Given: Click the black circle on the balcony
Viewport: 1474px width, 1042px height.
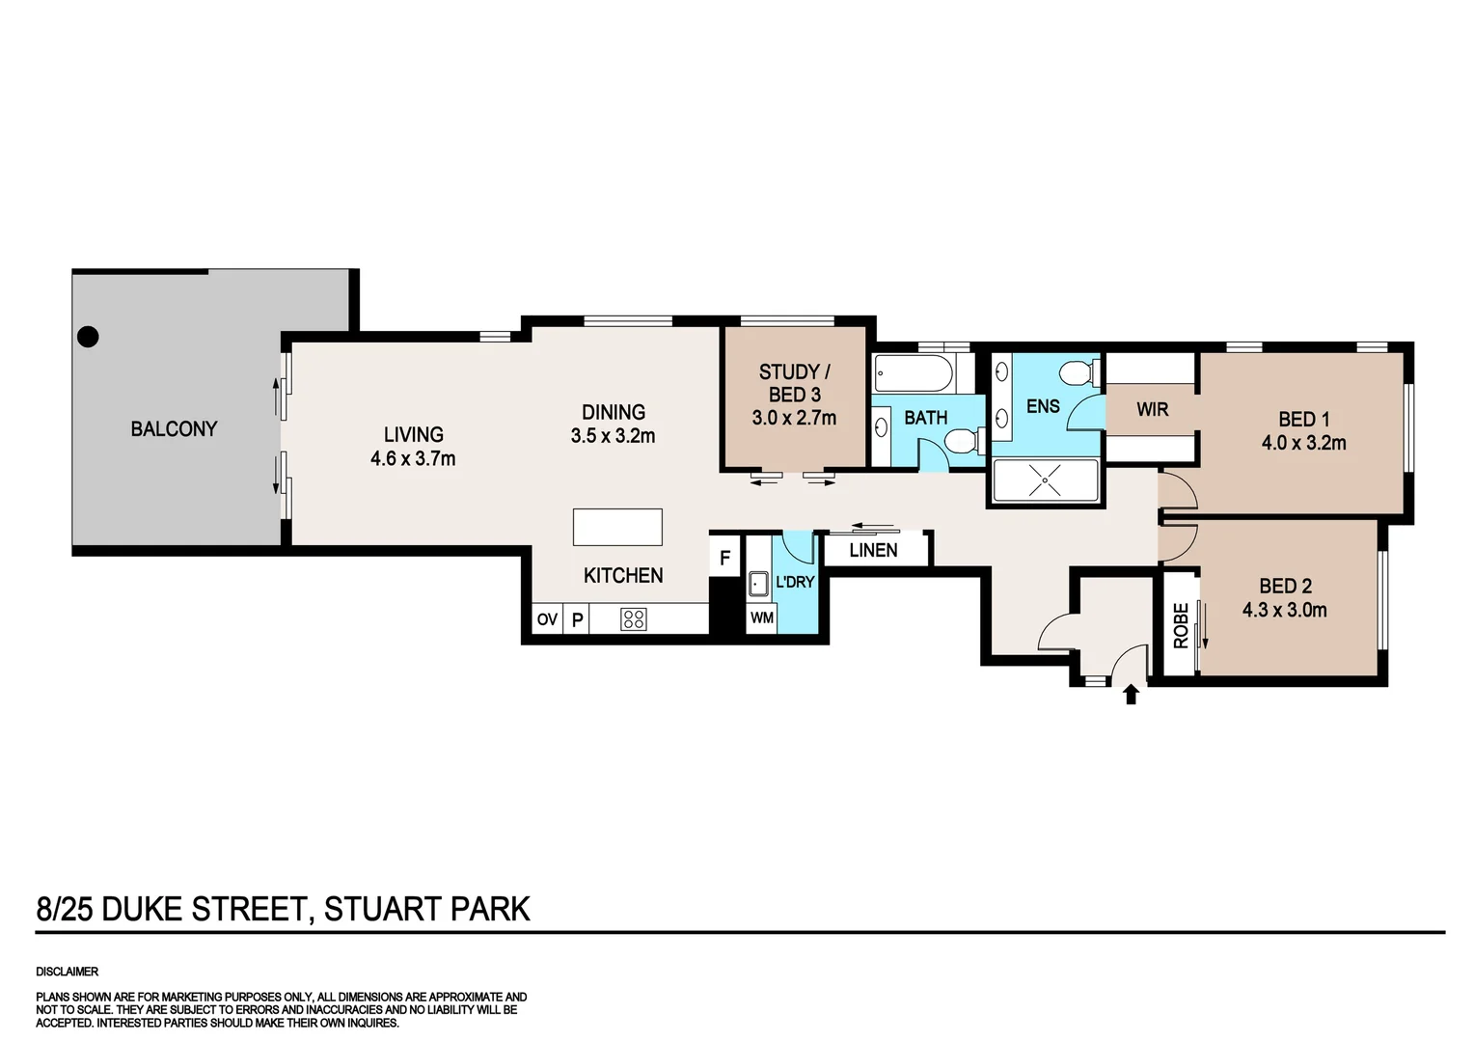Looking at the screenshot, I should coord(88,337).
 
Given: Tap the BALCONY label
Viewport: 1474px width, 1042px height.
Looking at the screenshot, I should coord(174,428).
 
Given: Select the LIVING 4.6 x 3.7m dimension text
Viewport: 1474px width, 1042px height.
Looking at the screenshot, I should coord(413,459).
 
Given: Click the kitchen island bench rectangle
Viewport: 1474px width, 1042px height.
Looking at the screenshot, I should coord(617,528).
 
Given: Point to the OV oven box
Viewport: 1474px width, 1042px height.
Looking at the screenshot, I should coord(547,619).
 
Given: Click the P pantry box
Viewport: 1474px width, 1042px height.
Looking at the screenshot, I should coord(577,619).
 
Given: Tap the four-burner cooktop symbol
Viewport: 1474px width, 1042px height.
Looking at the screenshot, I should coord(634,619).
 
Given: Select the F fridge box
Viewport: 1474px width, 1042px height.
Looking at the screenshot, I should coord(724,558).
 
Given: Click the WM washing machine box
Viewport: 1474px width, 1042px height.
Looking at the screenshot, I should coord(762,617).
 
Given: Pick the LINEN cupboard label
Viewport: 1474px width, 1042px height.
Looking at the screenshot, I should coord(873,550).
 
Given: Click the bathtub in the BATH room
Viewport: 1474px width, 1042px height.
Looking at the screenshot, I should coord(914,372).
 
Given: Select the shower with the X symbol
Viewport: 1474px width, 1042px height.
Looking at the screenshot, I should coord(1045,480).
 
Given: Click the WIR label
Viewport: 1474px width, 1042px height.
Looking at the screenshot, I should coord(1152,409).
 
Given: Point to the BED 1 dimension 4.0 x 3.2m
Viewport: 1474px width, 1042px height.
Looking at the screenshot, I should coord(1303,444).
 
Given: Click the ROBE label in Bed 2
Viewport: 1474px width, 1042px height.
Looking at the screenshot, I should coord(1180,624).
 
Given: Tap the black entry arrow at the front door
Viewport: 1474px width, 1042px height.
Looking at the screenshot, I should coord(1132,695).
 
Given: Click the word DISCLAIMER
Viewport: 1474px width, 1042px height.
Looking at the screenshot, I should coord(68,972).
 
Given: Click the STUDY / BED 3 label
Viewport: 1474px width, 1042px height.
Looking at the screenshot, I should coord(794,383).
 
